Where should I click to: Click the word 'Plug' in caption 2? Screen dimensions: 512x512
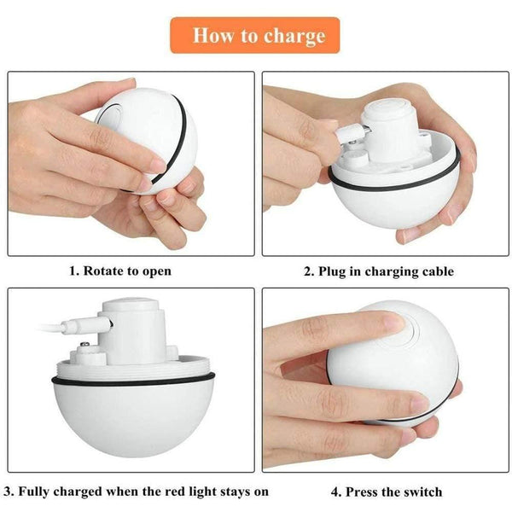[x=335, y=271]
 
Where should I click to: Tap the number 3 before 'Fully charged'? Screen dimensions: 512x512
[x=8, y=492]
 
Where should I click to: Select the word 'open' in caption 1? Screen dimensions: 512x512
[x=154, y=271]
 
